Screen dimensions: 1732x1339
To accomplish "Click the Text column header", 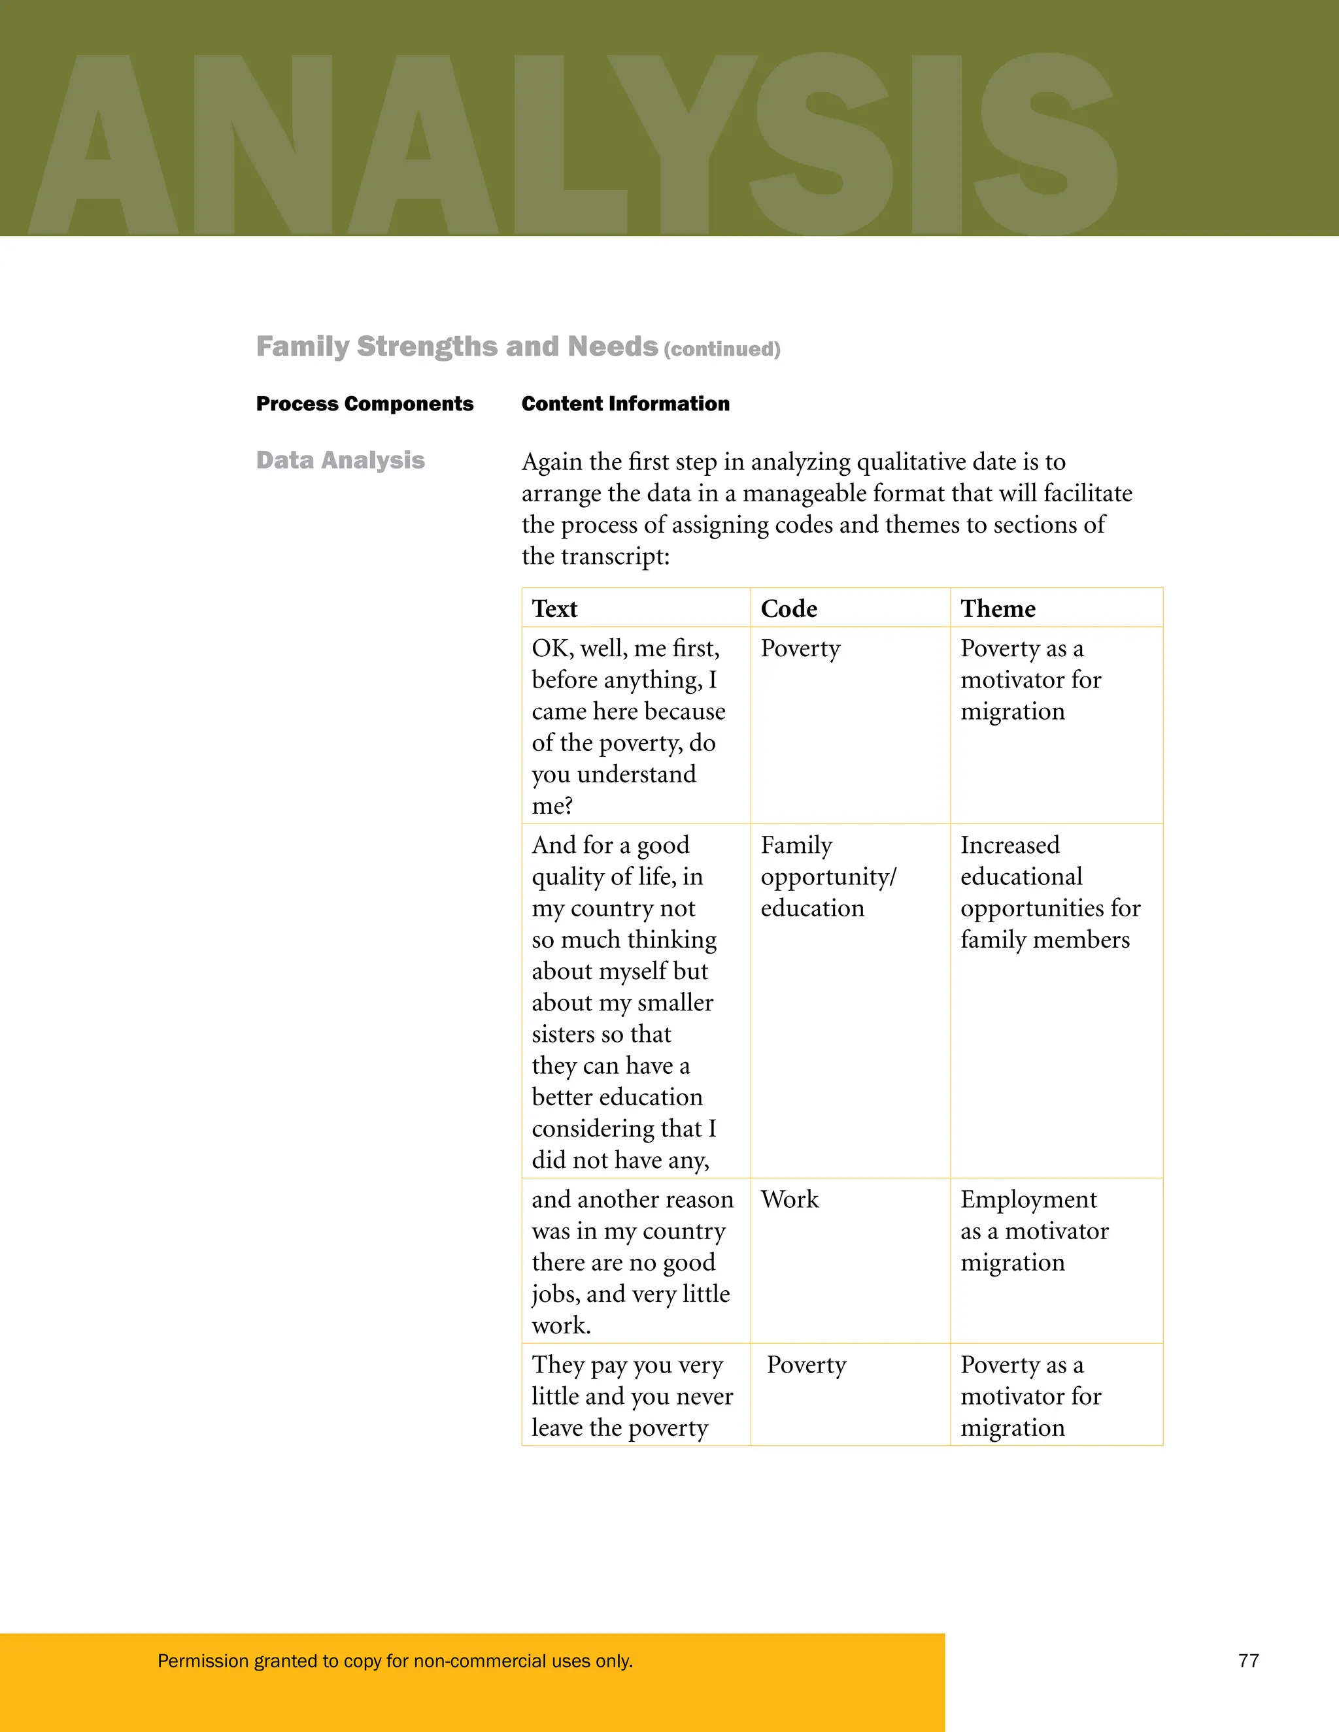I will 554,608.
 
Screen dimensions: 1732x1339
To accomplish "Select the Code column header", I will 788,608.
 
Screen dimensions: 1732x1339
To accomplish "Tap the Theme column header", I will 997,608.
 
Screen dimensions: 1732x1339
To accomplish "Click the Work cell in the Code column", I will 789,1199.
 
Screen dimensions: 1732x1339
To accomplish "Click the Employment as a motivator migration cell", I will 1034,1230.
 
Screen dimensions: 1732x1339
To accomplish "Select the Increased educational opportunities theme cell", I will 1049,892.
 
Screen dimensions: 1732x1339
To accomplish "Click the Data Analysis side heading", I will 340,460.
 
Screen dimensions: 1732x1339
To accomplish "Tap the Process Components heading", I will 364,404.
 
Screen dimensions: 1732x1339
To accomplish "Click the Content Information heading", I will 625,404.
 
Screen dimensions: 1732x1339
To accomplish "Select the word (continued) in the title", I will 722,350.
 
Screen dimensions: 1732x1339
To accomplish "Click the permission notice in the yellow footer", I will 395,1661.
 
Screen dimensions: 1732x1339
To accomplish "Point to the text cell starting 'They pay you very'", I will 632,1396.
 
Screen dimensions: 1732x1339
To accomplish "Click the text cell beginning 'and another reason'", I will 632,1261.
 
